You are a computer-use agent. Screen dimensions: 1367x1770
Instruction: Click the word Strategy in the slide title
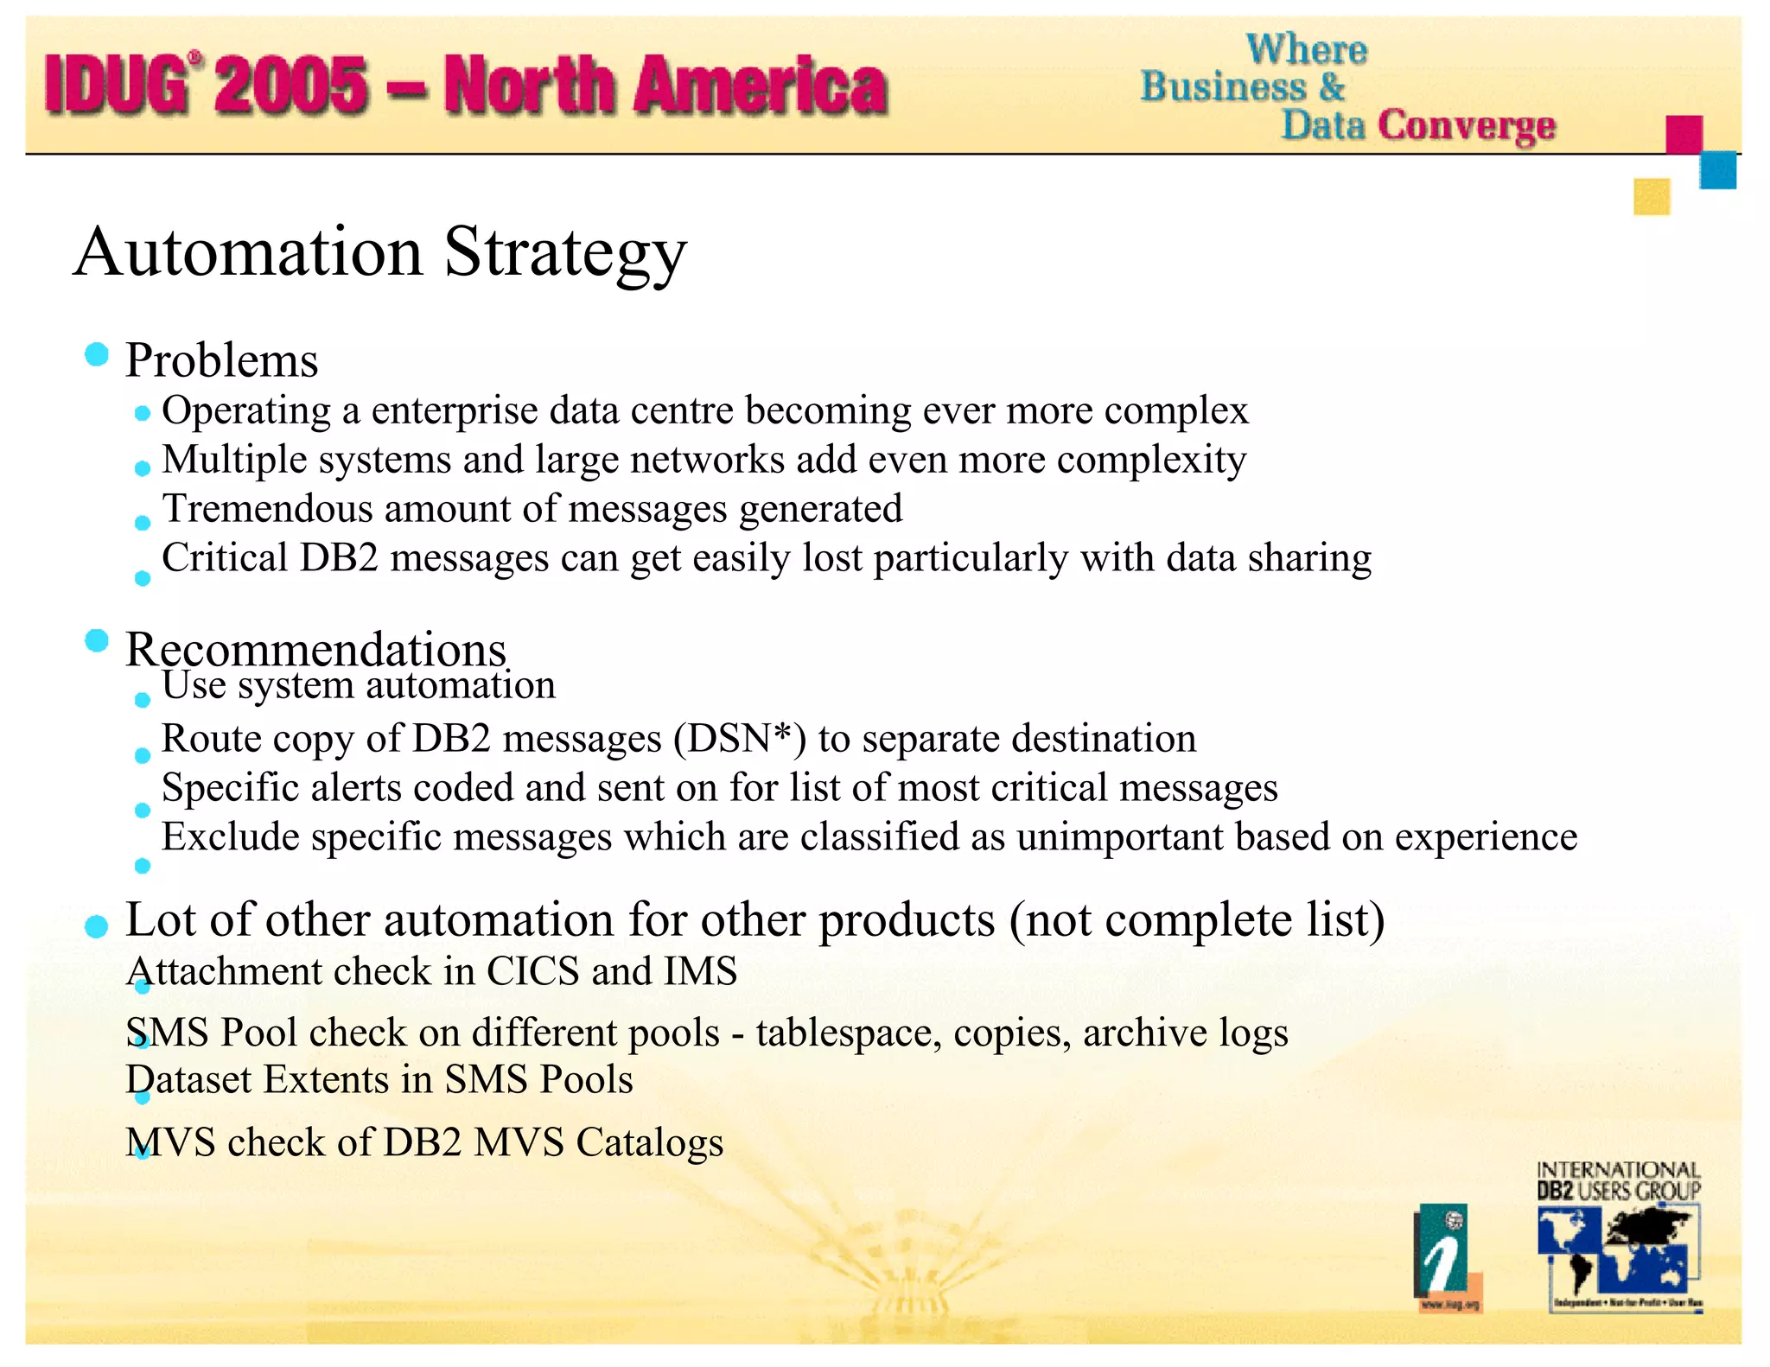coord(565,252)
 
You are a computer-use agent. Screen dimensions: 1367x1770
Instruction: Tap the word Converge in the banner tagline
coord(1467,126)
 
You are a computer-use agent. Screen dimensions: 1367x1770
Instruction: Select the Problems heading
coord(221,360)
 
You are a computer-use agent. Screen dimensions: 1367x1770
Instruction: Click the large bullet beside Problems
coord(97,354)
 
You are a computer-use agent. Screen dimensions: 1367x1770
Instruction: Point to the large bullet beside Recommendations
coord(97,641)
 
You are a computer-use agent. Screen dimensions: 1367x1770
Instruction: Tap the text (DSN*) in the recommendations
coord(740,739)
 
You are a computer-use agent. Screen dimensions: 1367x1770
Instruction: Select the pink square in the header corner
coord(1684,134)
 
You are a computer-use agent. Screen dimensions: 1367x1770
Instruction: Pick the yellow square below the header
coord(1652,196)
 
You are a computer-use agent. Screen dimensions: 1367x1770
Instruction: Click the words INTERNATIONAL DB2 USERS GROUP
coord(1618,1181)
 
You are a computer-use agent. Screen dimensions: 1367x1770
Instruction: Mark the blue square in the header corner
coord(1717,170)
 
